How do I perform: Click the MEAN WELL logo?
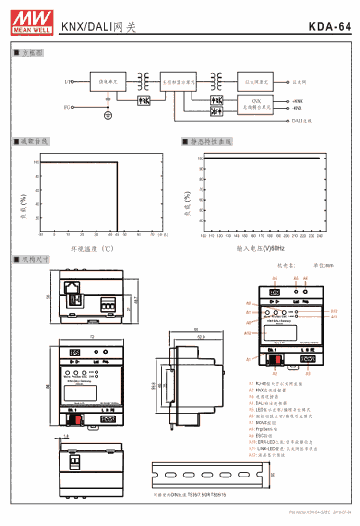click(x=32, y=22)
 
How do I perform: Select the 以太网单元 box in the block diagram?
click(x=255, y=82)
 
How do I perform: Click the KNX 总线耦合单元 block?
click(x=255, y=105)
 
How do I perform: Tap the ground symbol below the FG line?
click(x=108, y=115)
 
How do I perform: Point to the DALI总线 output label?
click(x=302, y=121)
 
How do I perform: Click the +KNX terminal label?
click(x=298, y=101)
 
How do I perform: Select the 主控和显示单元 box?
click(x=178, y=82)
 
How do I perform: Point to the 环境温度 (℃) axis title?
click(x=92, y=248)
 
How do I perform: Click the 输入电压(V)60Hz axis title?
click(x=261, y=248)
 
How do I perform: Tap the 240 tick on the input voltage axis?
click(x=320, y=236)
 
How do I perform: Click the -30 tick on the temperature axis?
click(x=41, y=235)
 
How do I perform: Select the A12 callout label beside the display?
click(x=248, y=333)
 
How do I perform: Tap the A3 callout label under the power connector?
click(x=308, y=373)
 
